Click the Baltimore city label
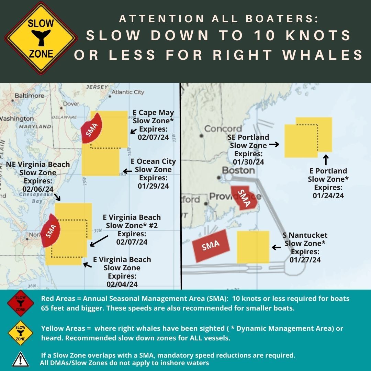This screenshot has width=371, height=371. pyautogui.click(x=29, y=95)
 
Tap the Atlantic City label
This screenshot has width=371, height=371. pyautogui.click(x=128, y=92)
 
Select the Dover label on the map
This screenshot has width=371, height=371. pyautogui.click(x=71, y=103)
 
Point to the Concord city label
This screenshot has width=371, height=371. pyautogui.click(x=223, y=129)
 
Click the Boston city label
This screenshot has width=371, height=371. pyautogui.click(x=238, y=170)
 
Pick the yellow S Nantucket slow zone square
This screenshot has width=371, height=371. pyautogui.click(x=253, y=247)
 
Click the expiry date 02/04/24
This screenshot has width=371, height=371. pyautogui.click(x=122, y=284)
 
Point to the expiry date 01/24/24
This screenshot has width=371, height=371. pyautogui.click(x=328, y=196)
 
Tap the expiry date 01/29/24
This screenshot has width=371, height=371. pyautogui.click(x=153, y=186)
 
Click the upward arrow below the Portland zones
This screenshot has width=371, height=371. pyautogui.click(x=326, y=160)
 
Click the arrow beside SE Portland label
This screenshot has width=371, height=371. pyautogui.click(x=274, y=145)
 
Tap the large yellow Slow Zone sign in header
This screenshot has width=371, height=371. pyautogui.click(x=41, y=38)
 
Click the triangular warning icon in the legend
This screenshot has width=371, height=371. pyautogui.click(x=20, y=359)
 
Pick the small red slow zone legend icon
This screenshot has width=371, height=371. pyautogui.click(x=20, y=303)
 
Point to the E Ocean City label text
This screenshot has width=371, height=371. pyautogui.click(x=153, y=161)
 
